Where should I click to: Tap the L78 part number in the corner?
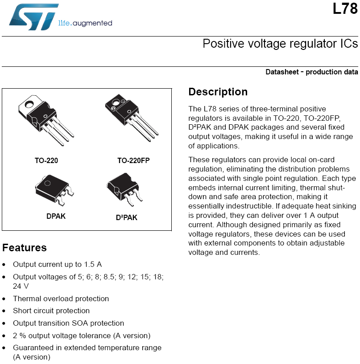tap(345, 9)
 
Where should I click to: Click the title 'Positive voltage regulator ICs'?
tap(280, 44)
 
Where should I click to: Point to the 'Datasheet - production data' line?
tap(311, 72)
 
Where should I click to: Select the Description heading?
tap(218, 92)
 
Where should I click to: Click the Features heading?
tap(25, 248)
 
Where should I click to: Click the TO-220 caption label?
tap(46, 160)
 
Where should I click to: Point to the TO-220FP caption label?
tap(133, 160)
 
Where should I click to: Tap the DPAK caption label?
tap(56, 216)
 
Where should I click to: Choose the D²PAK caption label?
tap(127, 218)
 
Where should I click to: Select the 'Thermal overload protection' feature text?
tap(61, 299)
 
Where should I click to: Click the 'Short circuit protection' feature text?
tap(51, 311)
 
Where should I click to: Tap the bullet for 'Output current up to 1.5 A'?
tap(4, 265)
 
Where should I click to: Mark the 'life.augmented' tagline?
tap(85, 23)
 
